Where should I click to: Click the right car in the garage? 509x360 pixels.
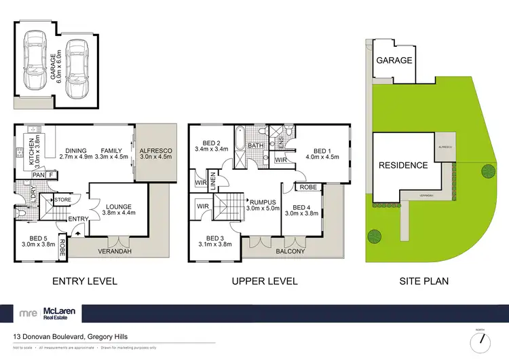click(x=77, y=62)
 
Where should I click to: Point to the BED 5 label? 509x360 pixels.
click(x=35, y=238)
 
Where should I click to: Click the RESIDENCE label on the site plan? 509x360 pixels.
click(x=403, y=165)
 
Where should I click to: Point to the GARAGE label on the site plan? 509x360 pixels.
click(x=394, y=60)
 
